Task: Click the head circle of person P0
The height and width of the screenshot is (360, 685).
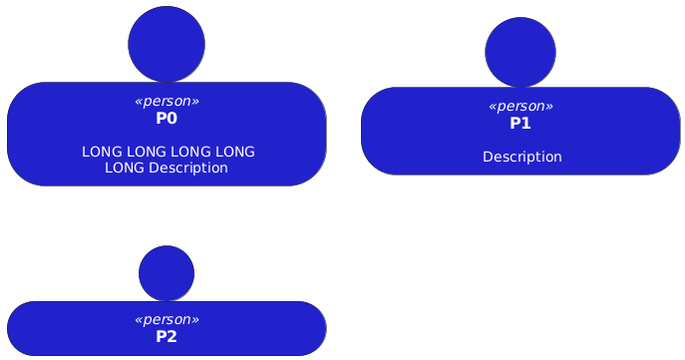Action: pyautogui.click(x=167, y=44)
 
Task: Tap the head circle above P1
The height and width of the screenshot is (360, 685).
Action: pyautogui.click(x=520, y=53)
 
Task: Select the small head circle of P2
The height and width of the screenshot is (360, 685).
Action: pyautogui.click(x=167, y=273)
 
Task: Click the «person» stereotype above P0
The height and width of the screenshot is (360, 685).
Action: pyautogui.click(x=167, y=102)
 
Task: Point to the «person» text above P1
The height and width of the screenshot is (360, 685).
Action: pyautogui.click(x=520, y=106)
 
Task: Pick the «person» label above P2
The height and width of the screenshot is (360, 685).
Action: pyautogui.click(x=167, y=320)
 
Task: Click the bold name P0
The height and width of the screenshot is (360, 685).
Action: pyautogui.click(x=167, y=119)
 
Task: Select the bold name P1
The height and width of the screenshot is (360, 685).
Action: pyautogui.click(x=520, y=124)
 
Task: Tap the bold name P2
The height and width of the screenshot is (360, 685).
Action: pyautogui.click(x=167, y=337)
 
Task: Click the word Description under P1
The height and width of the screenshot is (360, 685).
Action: pyautogui.click(x=522, y=157)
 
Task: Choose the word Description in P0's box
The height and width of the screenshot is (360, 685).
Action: pyautogui.click(x=188, y=168)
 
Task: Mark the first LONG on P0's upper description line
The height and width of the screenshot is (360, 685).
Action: pyautogui.click(x=102, y=152)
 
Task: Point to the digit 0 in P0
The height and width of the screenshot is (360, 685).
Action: pyautogui.click(x=171, y=119)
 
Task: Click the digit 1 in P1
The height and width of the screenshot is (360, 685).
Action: pyautogui.click(x=525, y=124)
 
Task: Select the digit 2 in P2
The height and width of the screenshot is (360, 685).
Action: pyautogui.click(x=171, y=337)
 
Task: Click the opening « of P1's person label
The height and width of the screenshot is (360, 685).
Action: pyautogui.click(x=493, y=107)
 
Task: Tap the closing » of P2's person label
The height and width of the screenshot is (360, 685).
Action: pyautogui.click(x=195, y=320)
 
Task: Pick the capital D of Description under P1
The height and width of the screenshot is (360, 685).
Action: pyautogui.click(x=488, y=157)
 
